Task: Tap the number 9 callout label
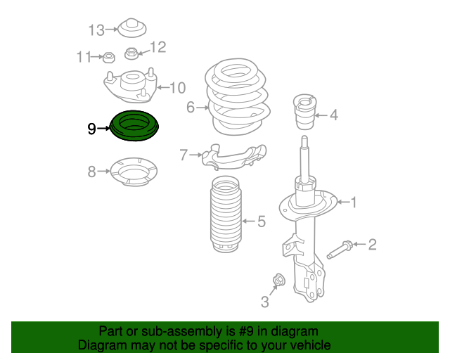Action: pyautogui.click(x=91, y=129)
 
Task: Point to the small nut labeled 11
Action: pyautogui.click(x=109, y=57)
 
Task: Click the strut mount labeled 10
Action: pyautogui.click(x=130, y=88)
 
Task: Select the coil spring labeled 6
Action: pyautogui.click(x=237, y=98)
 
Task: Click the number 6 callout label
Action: pyautogui.click(x=190, y=108)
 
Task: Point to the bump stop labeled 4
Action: pyautogui.click(x=304, y=114)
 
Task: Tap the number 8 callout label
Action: pyautogui.click(x=91, y=171)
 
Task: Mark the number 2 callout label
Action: pyautogui.click(x=373, y=245)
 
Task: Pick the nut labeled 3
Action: pyautogui.click(x=277, y=280)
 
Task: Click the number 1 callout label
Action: pyautogui.click(x=354, y=202)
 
